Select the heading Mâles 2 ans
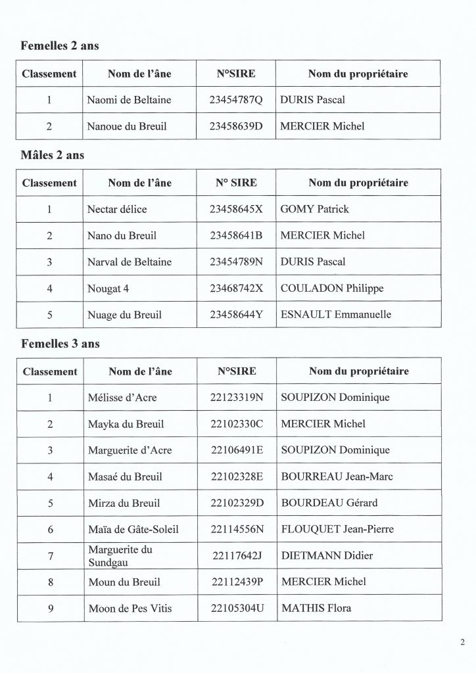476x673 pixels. [53, 156]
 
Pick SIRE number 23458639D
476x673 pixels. [235, 126]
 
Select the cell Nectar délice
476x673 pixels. [117, 210]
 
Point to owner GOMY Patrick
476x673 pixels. [314, 210]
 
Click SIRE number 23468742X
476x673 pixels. [235, 288]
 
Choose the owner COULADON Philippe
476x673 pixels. [331, 288]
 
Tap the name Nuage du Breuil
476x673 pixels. [124, 315]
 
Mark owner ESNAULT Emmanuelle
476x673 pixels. [335, 315]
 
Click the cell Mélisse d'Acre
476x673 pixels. [122, 398]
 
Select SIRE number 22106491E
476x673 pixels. [236, 450]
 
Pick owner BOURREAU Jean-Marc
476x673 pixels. [337, 476]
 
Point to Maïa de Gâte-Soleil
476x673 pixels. [133, 529]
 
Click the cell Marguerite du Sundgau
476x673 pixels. [120, 555]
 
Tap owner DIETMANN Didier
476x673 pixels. [327, 556]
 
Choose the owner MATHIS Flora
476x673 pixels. [316, 608]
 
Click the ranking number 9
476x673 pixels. [50, 609]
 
